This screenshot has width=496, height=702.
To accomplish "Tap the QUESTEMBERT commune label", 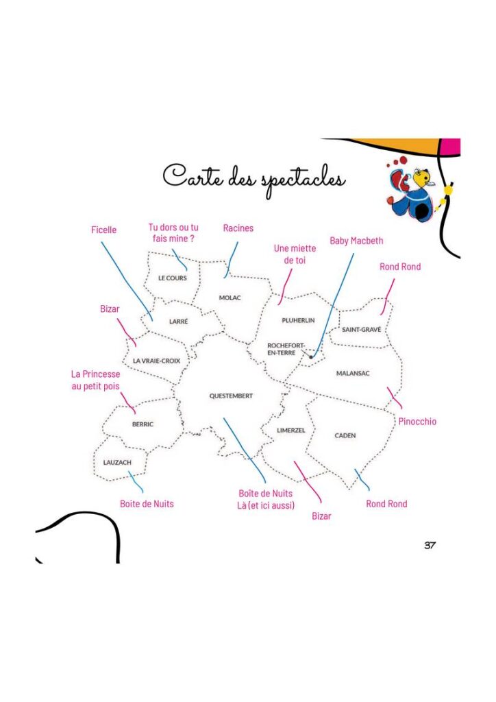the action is coord(231,396).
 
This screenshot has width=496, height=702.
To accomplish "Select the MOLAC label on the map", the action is coord(230,298).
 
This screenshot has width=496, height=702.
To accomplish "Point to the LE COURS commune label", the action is coord(173,278).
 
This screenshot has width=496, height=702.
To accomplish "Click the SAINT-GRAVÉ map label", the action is coord(361,330).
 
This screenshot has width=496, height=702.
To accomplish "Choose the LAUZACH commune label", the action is coord(117,463).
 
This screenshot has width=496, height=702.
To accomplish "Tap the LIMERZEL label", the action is coord(290,431).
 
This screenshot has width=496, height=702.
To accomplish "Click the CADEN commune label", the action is coord(345,435).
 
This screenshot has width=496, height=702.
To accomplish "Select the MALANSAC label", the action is coord(353,374).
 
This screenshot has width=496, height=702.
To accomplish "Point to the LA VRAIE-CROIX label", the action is coord(156,361).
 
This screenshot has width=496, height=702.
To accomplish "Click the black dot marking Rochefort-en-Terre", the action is coord(311,356).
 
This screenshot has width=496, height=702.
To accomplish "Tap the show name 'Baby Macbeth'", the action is coord(356,241).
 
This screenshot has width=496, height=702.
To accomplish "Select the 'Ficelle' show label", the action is coord(103,230).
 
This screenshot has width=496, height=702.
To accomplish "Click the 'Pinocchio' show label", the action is coord(417,422).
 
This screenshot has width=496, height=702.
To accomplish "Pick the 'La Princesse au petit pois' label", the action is coord(96,380).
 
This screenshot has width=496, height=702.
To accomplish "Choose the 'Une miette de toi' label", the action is coord(295,254).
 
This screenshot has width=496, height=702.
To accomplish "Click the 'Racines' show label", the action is coord(238,228).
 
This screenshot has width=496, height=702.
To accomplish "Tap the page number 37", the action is coord(430,545).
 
